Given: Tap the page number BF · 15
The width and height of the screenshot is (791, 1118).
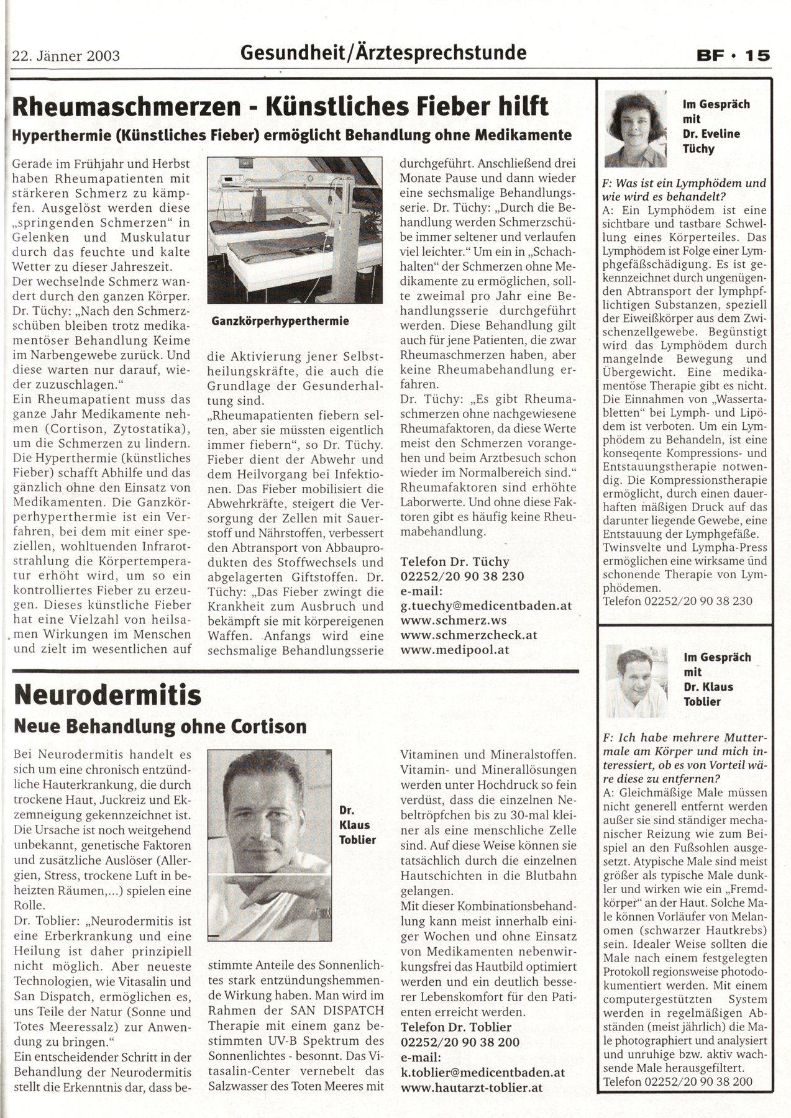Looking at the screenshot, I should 732,55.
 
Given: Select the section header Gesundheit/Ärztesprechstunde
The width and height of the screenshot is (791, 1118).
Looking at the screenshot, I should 383,53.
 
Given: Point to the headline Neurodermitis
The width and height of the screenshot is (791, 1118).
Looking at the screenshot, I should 107,695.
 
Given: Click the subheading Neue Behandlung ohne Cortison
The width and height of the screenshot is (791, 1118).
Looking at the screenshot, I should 160,725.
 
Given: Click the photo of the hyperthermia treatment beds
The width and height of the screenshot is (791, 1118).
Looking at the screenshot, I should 294,230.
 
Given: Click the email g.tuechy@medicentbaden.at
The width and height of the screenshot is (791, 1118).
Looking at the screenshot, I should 487,606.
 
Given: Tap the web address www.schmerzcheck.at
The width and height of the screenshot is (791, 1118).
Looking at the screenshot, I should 469,635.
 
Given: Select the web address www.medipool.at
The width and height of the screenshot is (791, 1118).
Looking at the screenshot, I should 455,650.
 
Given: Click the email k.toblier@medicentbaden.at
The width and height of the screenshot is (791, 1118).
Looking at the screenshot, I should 483,1072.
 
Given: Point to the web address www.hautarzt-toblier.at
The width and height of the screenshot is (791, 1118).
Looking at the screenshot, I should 472,1087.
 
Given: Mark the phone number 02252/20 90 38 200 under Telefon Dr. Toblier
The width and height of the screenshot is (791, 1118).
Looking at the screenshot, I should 460,1042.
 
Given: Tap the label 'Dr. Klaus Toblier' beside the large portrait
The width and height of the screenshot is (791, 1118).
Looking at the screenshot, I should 355,825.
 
